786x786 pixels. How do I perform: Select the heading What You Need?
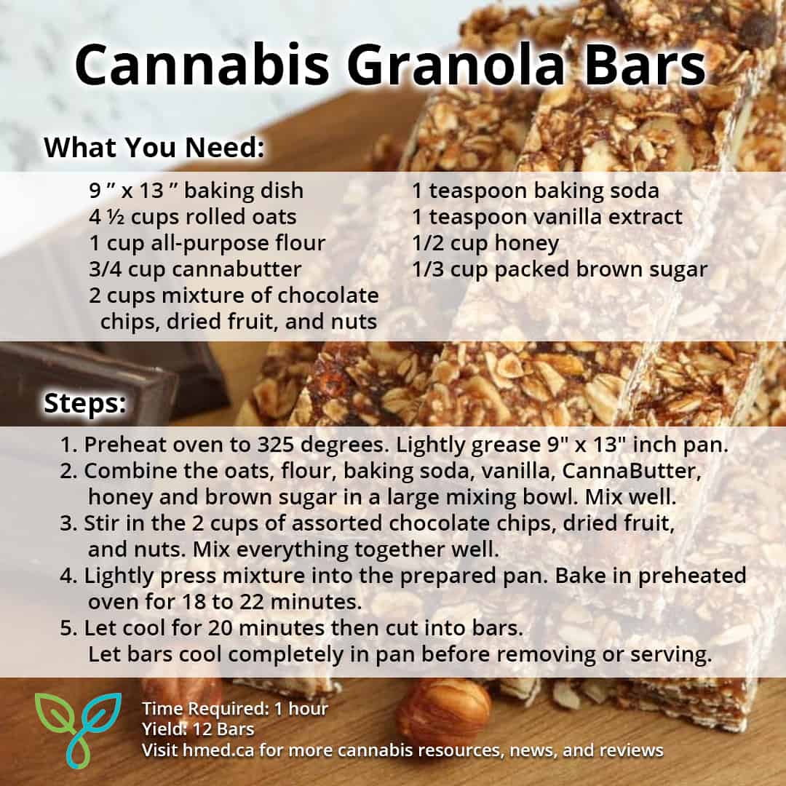point(153,147)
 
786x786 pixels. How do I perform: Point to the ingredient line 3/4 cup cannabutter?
point(195,269)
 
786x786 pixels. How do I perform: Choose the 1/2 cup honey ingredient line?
point(485,243)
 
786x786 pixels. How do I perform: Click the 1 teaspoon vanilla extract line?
point(547,217)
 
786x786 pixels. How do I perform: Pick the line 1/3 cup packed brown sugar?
point(560,269)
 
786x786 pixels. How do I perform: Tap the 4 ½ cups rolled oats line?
point(193,217)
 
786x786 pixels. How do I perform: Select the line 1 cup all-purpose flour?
point(207,243)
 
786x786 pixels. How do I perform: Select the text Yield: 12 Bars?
point(199,729)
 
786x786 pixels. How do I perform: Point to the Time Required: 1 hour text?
point(235,708)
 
